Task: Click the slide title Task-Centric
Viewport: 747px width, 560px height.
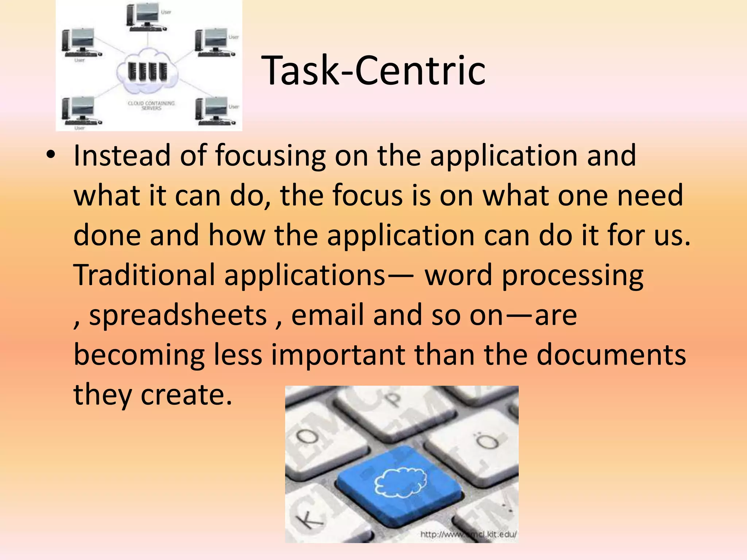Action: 373,70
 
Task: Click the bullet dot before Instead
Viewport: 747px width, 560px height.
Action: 51,156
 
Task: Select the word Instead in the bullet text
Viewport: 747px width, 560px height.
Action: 122,156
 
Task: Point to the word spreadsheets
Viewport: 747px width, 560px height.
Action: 178,315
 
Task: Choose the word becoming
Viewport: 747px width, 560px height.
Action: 139,355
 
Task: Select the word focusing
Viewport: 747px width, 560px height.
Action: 270,156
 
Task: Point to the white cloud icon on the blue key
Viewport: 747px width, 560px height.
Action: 401,482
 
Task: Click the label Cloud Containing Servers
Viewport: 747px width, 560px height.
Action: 151,105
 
